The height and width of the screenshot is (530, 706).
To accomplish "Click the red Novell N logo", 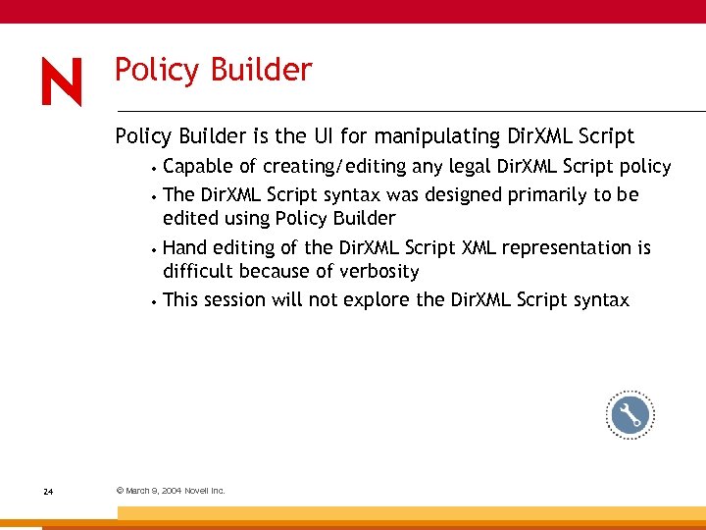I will coord(62,82).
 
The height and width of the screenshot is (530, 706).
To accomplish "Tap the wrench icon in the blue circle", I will coord(629,416).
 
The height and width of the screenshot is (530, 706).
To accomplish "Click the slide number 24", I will coord(48,491).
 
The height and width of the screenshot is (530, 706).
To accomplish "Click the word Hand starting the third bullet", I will coord(184,247).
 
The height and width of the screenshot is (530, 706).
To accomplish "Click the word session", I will coord(236,299).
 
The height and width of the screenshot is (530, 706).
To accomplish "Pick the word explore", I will coord(377,299).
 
